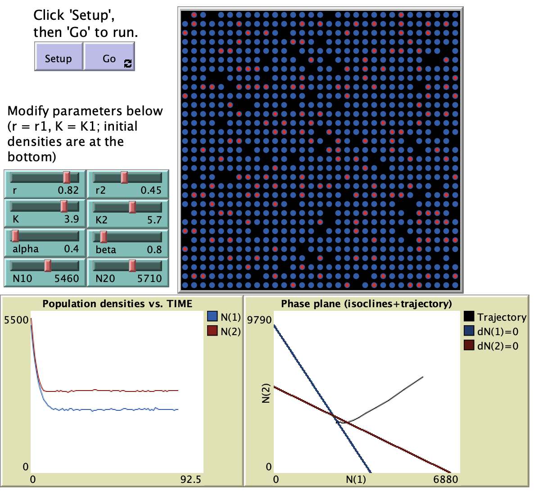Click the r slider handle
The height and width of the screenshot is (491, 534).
67,177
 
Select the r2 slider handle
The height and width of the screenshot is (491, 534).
124,177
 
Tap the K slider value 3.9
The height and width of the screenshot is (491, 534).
71,219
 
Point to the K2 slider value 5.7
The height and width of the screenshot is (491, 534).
154,220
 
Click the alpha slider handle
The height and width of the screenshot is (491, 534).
15,236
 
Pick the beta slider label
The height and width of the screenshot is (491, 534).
106,250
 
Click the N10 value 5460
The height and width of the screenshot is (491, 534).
67,278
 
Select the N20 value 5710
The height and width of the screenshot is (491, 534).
149,278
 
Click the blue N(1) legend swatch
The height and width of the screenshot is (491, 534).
213,317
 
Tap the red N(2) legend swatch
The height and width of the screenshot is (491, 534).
213,331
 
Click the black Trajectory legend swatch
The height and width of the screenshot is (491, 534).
469,317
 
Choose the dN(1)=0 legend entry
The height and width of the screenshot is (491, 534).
498,332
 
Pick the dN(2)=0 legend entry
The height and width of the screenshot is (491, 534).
498,346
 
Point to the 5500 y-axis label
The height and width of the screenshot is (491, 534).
16,320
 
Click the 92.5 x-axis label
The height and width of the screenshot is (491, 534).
191,479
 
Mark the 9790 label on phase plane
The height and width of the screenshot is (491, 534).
260,320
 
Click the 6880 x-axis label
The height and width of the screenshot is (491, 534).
446,479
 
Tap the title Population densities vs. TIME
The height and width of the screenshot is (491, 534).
117,304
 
